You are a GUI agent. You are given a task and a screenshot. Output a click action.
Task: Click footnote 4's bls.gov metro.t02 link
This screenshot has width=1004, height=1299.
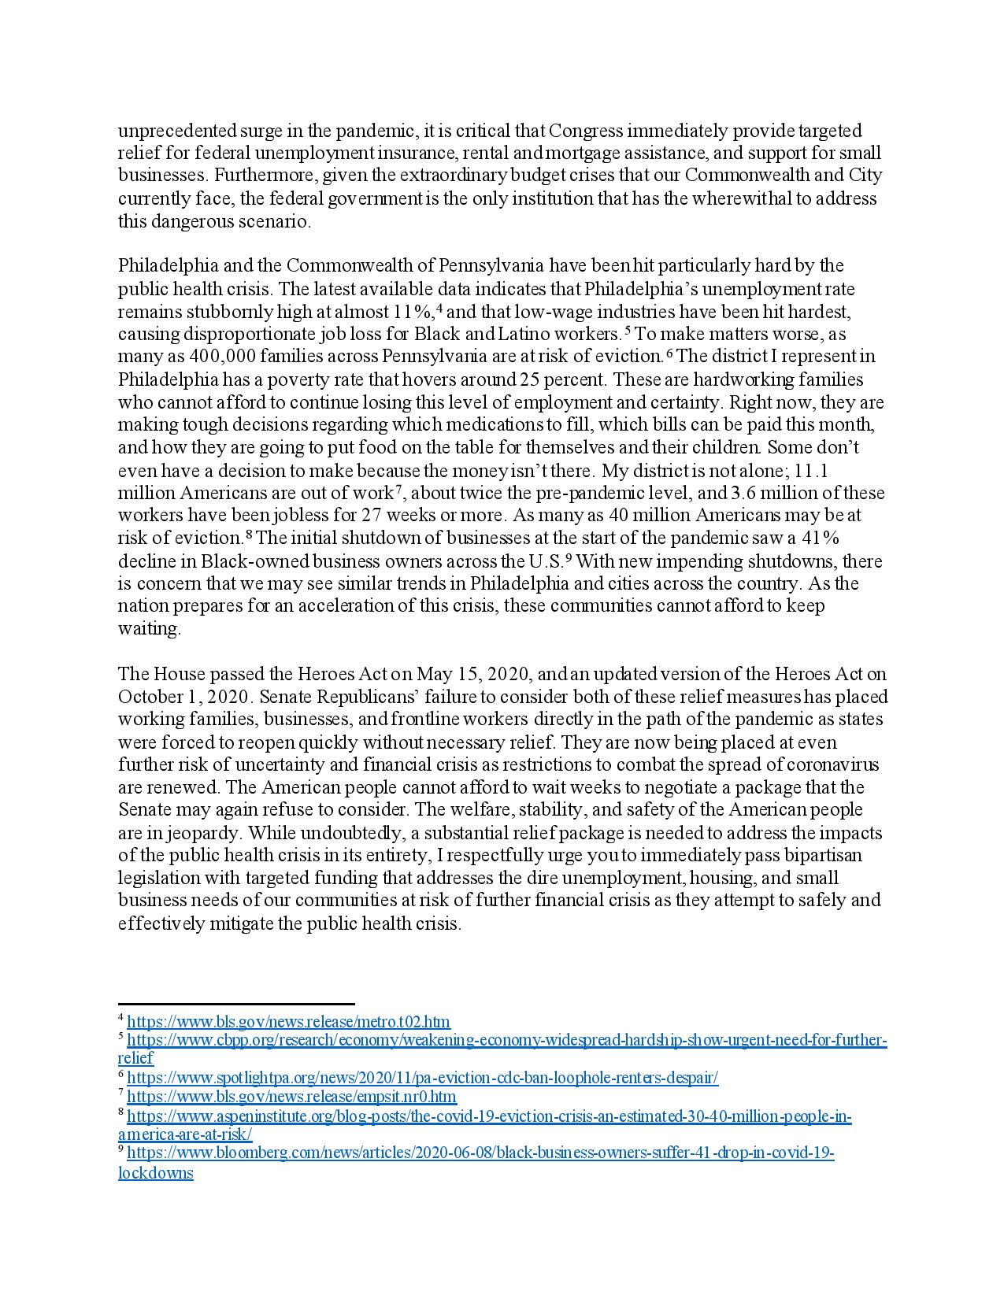[x=288, y=1022]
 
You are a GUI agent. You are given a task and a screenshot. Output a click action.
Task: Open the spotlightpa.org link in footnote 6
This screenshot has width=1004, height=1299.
[x=422, y=1078]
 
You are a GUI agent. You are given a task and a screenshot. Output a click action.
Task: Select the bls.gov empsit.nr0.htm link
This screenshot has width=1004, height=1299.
[x=291, y=1097]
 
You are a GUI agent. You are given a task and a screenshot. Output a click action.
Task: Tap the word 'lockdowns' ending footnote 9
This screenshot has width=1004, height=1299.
[x=156, y=1173]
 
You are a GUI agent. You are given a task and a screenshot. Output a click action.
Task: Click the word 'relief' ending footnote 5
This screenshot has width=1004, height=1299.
[x=135, y=1058]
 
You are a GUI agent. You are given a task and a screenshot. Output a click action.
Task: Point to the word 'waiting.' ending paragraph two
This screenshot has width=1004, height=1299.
[x=150, y=629]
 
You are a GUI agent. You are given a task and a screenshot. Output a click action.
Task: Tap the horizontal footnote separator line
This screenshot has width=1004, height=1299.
[x=236, y=1004]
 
